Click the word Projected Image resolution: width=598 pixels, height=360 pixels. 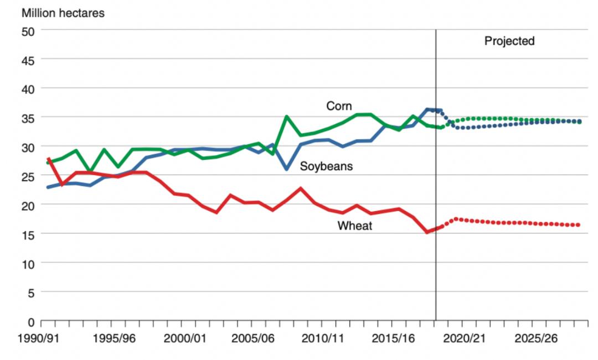[x=509, y=41]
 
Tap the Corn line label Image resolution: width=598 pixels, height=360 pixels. [x=339, y=106]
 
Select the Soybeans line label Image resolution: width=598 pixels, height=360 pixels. [x=326, y=166]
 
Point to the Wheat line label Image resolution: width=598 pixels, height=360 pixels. [x=355, y=225]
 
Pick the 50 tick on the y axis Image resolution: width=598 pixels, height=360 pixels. [x=28, y=31]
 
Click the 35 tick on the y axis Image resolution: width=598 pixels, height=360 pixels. [x=28, y=118]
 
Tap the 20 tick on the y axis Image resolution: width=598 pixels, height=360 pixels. [x=28, y=205]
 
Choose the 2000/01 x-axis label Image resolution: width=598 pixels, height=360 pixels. [x=185, y=338]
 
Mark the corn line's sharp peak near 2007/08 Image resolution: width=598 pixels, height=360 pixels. [x=286, y=116]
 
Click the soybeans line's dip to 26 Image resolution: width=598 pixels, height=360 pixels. [x=286, y=169]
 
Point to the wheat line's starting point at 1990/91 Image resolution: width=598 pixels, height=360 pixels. [x=49, y=159]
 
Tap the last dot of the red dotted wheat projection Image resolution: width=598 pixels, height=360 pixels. [x=578, y=225]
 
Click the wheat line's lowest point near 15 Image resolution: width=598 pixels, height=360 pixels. [x=426, y=232]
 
